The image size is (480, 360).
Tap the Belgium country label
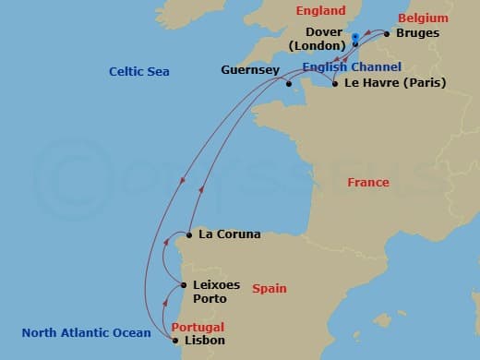click(423, 18)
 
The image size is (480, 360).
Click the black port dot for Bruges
click(387, 34)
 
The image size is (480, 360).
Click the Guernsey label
click(249, 70)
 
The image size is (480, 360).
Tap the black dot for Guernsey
click(290, 84)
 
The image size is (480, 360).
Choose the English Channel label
click(352, 67)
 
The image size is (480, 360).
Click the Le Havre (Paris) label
click(394, 83)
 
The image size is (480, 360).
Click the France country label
click(368, 183)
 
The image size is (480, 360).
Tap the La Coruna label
click(230, 234)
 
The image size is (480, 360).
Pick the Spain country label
click(270, 289)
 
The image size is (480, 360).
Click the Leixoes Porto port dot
click(182, 286)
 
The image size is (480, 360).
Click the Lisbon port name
click(205, 341)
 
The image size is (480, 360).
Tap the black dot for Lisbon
click(175, 341)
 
